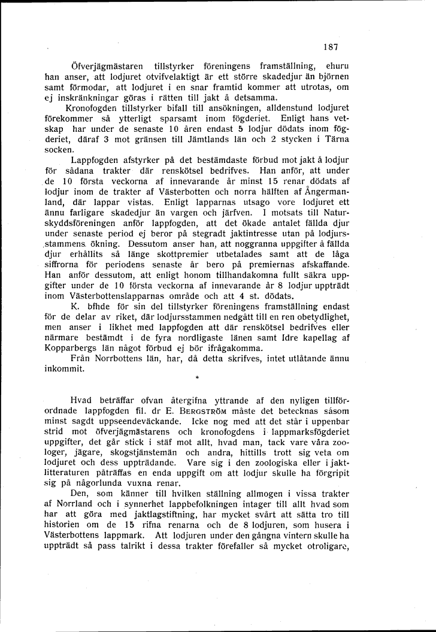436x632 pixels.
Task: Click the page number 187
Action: click(x=331, y=47)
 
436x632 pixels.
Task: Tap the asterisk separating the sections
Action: click(x=196, y=379)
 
